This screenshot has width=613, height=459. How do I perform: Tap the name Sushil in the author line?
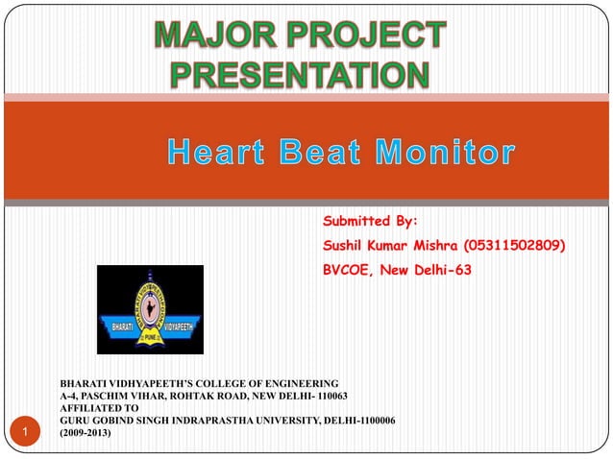(345, 247)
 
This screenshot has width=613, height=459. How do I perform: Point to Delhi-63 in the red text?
(445, 271)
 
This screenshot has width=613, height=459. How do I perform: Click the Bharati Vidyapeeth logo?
(150, 309)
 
